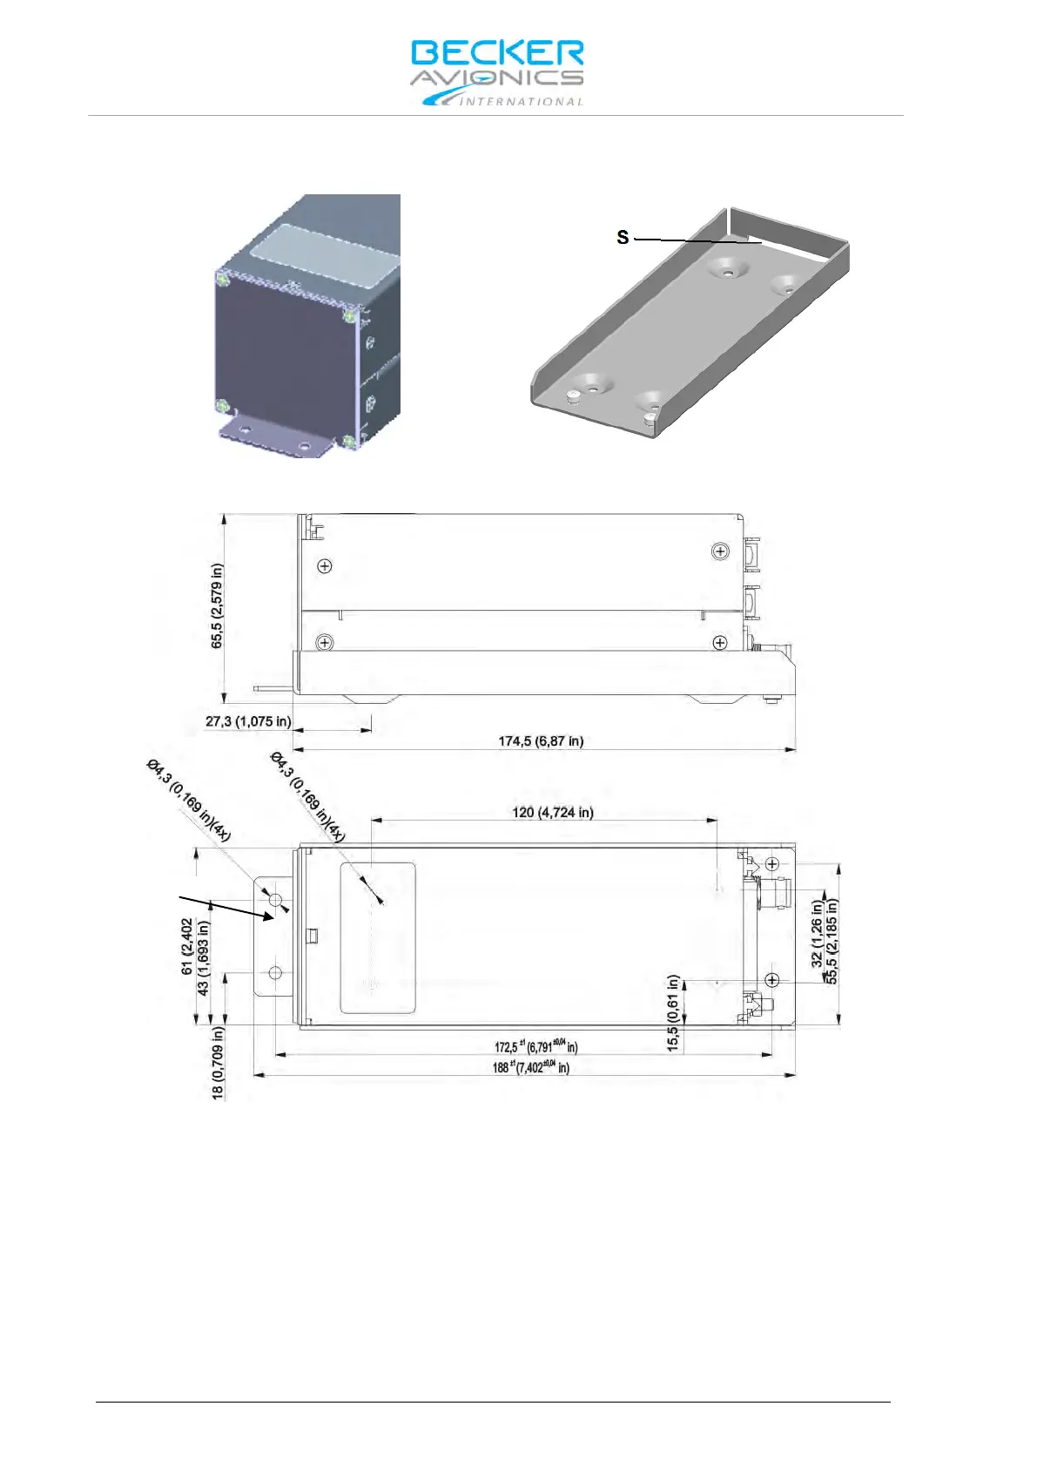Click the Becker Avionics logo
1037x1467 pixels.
[x=497, y=72]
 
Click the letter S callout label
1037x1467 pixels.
[x=623, y=237]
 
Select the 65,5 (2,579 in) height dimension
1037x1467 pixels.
[x=217, y=605]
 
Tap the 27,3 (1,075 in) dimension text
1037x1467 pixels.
[x=248, y=721]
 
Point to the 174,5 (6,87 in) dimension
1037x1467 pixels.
[x=541, y=741]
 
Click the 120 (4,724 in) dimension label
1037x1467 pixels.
[x=553, y=813]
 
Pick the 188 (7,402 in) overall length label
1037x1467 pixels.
[x=531, y=1067]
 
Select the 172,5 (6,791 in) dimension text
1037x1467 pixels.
[x=535, y=1046]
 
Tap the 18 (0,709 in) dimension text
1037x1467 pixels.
[x=218, y=1062]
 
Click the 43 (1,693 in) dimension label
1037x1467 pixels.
[x=203, y=958]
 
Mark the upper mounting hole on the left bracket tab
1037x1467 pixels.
[x=275, y=900]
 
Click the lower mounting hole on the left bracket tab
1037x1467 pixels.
[x=275, y=972]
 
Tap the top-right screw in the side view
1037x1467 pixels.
[x=720, y=551]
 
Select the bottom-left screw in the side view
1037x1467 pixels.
[x=325, y=643]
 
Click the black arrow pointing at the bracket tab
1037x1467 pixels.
[x=226, y=906]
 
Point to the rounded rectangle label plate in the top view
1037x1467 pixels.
[x=377, y=938]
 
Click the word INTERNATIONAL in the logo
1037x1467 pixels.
[x=521, y=102]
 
